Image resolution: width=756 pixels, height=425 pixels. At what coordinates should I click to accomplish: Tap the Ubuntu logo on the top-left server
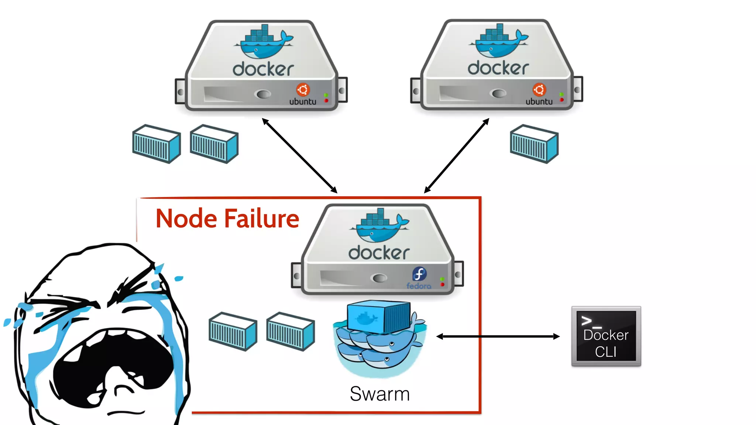point(303,90)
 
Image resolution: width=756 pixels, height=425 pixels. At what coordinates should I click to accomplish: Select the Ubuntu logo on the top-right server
point(539,90)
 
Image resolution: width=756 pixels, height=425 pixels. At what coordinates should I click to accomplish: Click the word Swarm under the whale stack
point(379,394)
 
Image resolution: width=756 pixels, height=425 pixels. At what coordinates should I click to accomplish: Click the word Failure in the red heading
point(262,219)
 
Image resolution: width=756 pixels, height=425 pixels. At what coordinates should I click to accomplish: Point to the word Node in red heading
point(186,219)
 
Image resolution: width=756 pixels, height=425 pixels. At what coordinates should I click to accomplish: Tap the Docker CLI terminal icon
point(606,336)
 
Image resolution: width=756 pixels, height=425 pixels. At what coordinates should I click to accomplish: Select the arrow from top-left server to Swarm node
point(299,155)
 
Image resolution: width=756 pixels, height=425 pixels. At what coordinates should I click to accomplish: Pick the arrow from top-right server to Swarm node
point(457,155)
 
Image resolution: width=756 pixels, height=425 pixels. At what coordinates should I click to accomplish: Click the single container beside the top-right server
point(534,144)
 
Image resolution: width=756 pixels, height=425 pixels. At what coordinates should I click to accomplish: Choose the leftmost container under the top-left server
point(157,144)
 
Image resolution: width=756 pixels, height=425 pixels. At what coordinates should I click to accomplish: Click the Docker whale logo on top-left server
point(263,42)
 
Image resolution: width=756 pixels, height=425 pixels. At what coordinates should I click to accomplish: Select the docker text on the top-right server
point(498,68)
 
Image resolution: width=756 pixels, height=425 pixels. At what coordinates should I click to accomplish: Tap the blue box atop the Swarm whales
point(378,317)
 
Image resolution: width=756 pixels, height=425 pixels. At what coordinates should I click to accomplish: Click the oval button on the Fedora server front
point(379,278)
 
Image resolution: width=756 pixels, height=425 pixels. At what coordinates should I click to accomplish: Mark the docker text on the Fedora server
point(379,253)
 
